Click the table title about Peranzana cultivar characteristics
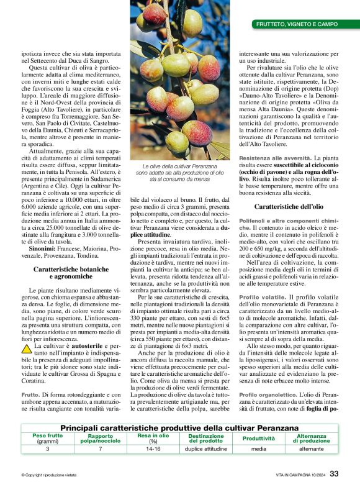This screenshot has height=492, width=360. point(179,429)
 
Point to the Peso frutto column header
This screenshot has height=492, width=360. point(47,438)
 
